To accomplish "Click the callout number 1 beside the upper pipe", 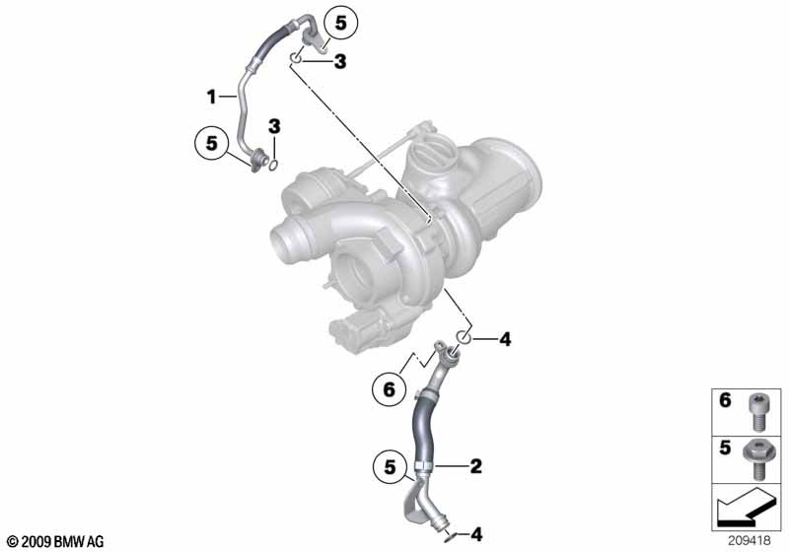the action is (211, 96).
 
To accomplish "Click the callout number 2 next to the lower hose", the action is (475, 466).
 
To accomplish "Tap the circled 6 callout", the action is (390, 388).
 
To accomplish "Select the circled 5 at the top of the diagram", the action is (340, 23).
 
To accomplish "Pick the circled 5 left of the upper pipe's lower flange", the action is (212, 143).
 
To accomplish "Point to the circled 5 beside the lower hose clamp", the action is (390, 467).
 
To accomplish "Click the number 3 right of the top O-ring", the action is (340, 62).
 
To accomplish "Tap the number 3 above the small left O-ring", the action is (274, 127).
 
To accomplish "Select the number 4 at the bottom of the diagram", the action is (476, 534).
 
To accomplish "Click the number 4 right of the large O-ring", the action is (505, 339).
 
